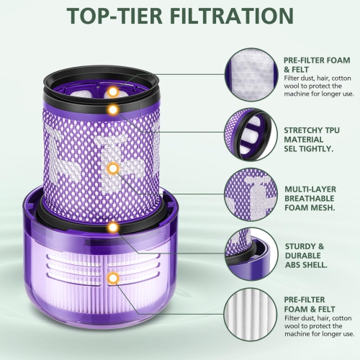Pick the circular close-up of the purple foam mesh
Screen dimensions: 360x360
click(x=251, y=195)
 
